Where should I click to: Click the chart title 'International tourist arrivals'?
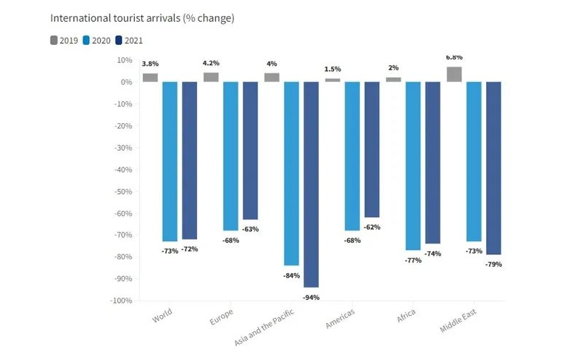click(x=142, y=18)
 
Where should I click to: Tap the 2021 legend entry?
click(x=129, y=40)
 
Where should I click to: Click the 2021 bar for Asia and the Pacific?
click(x=311, y=184)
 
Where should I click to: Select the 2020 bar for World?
click(x=170, y=161)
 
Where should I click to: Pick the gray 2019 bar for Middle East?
click(x=453, y=74)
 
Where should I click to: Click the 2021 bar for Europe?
click(x=250, y=150)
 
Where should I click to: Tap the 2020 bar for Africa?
click(x=413, y=165)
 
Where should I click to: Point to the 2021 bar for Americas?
click(x=372, y=149)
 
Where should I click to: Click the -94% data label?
click(x=312, y=298)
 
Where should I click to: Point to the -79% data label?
click(x=493, y=264)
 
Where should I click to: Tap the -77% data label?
click(x=412, y=260)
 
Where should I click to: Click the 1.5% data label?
click(x=333, y=70)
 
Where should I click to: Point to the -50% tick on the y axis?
click(x=121, y=191)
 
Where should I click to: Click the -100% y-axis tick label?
click(x=120, y=301)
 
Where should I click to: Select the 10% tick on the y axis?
click(x=123, y=60)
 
